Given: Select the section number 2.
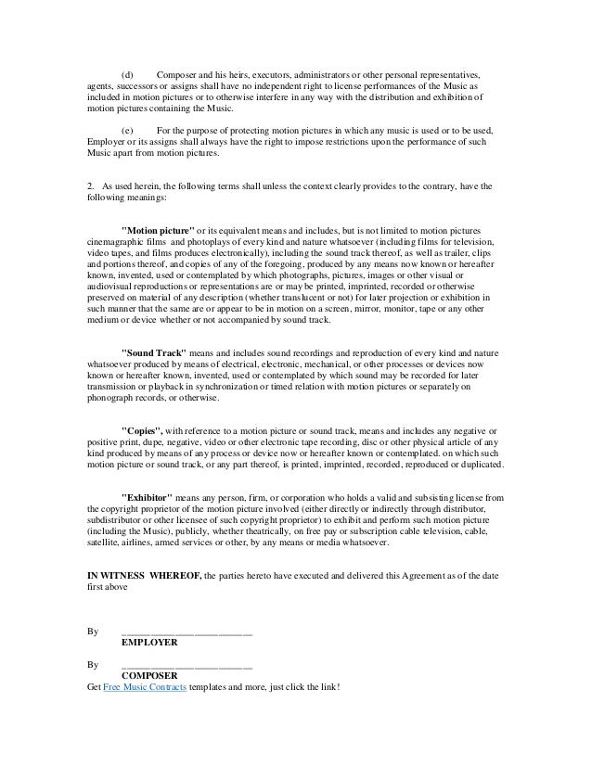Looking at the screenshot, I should (88, 185).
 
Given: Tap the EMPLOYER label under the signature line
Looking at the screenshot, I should (150, 641).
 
